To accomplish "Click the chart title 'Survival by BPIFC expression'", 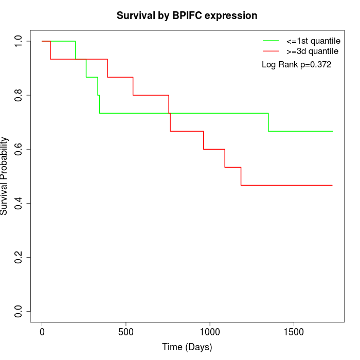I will point(187,15).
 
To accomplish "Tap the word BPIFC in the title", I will point(186,15).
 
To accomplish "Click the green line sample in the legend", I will point(271,41).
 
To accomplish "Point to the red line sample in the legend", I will point(271,51).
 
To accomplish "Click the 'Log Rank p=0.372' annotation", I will point(296,65).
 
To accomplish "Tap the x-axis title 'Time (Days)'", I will point(187,347).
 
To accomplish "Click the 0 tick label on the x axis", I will point(42,332).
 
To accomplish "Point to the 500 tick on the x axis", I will point(126,332).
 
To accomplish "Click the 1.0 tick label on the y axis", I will point(19,41).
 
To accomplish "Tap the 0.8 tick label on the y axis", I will point(19,95).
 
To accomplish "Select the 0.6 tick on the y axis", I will point(19,149).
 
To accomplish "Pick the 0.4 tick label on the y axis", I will point(19,203).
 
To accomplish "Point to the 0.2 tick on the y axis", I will point(19,257).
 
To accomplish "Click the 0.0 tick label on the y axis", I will point(19,311).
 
